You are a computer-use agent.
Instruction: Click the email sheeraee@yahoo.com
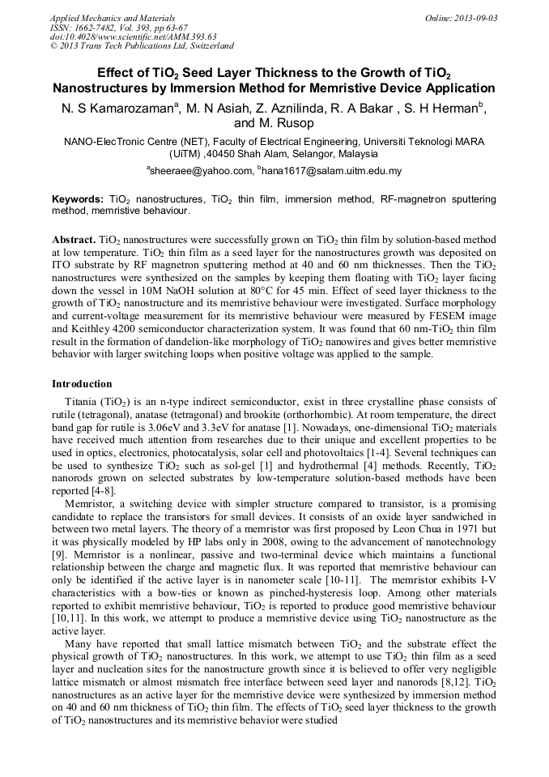pyautogui.click(x=201, y=170)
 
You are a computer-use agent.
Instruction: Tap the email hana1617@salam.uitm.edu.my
pyautogui.click(x=332, y=170)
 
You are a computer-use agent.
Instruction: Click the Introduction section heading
pyautogui.click(x=82, y=383)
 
